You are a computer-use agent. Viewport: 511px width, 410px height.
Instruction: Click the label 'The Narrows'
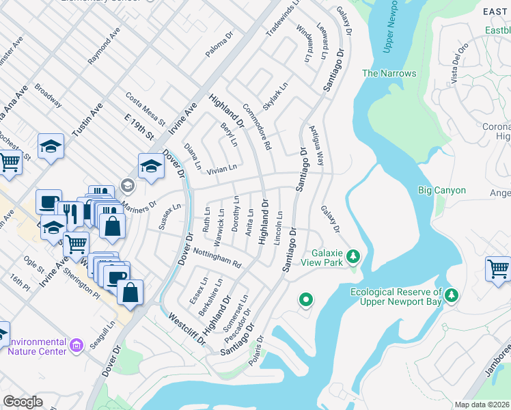389,73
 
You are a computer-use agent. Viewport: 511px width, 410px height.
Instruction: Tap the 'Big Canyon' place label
442,191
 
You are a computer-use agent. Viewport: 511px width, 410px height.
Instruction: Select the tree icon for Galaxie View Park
353,257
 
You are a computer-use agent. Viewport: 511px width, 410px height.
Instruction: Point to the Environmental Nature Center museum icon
77,346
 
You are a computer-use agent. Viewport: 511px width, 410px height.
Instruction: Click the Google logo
23,402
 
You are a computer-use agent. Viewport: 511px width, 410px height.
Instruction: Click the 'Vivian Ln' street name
222,167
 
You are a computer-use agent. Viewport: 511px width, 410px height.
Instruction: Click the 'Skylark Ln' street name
277,94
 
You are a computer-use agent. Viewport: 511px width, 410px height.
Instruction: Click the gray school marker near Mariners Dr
127,185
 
